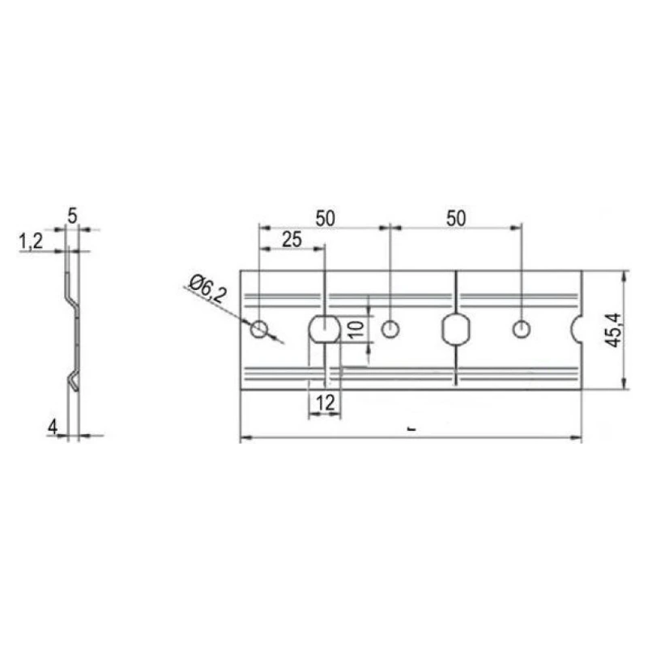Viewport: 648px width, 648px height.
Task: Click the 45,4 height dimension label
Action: (x=613, y=330)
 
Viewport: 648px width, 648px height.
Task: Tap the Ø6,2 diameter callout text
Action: (x=208, y=289)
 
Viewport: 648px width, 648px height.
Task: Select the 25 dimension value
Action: (x=292, y=240)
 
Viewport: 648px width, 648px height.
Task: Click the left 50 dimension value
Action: (x=326, y=218)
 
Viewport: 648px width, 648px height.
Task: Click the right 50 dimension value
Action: (x=456, y=218)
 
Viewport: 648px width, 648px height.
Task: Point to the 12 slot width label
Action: (x=326, y=403)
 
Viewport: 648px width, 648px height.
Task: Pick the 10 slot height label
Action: (x=356, y=330)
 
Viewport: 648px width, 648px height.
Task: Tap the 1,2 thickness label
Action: (x=31, y=241)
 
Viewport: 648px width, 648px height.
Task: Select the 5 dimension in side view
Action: (x=72, y=216)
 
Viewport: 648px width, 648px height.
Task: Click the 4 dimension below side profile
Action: (x=53, y=427)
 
